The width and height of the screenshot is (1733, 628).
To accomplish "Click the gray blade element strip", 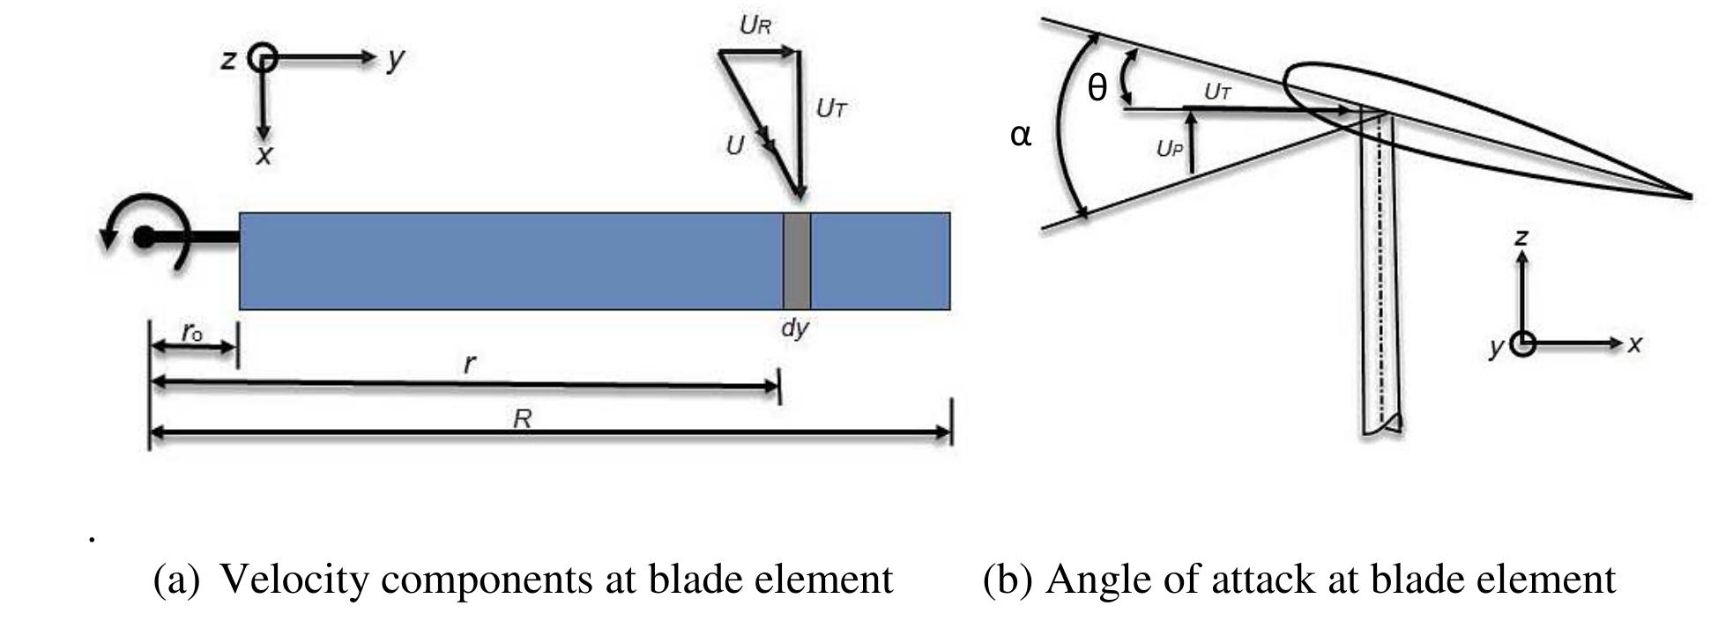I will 796,261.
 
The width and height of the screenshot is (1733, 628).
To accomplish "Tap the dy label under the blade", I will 794,329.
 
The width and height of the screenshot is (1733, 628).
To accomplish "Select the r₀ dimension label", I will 192,332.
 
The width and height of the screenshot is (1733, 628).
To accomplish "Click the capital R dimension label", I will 522,418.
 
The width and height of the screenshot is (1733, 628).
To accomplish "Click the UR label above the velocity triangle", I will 755,26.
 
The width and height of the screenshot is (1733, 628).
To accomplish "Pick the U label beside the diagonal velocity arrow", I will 734,145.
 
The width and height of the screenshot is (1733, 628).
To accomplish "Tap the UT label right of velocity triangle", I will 831,108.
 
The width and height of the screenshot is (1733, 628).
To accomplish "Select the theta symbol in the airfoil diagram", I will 1097,88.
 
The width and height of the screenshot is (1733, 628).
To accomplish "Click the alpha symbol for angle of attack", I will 1020,136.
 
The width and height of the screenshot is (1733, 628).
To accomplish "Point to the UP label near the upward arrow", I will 1169,149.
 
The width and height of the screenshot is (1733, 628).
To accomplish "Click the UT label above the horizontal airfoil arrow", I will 1217,92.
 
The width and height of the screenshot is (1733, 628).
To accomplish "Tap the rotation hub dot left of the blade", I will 145,237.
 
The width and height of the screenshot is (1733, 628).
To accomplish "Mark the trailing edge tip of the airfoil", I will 1688,196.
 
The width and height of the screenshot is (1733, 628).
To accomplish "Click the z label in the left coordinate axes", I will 228,60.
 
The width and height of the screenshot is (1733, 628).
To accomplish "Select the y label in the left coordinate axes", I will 396,58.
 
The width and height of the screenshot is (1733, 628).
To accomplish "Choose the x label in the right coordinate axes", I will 1634,344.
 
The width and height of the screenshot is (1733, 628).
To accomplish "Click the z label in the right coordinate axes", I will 1521,236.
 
